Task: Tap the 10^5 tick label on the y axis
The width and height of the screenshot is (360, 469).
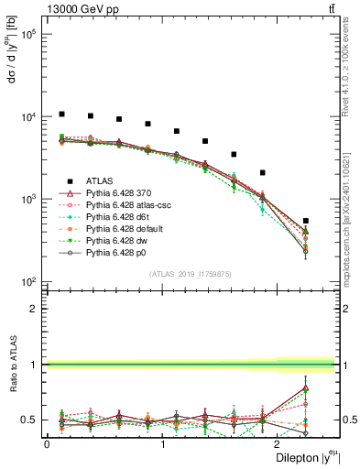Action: click(27, 35)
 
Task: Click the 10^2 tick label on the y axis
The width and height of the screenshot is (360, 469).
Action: click(27, 281)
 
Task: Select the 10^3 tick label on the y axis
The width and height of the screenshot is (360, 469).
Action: click(27, 199)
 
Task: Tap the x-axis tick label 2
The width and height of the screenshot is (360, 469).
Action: click(278, 444)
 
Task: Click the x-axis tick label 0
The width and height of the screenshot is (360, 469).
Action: click(47, 444)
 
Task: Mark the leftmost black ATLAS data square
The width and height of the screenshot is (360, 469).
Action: click(61, 115)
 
